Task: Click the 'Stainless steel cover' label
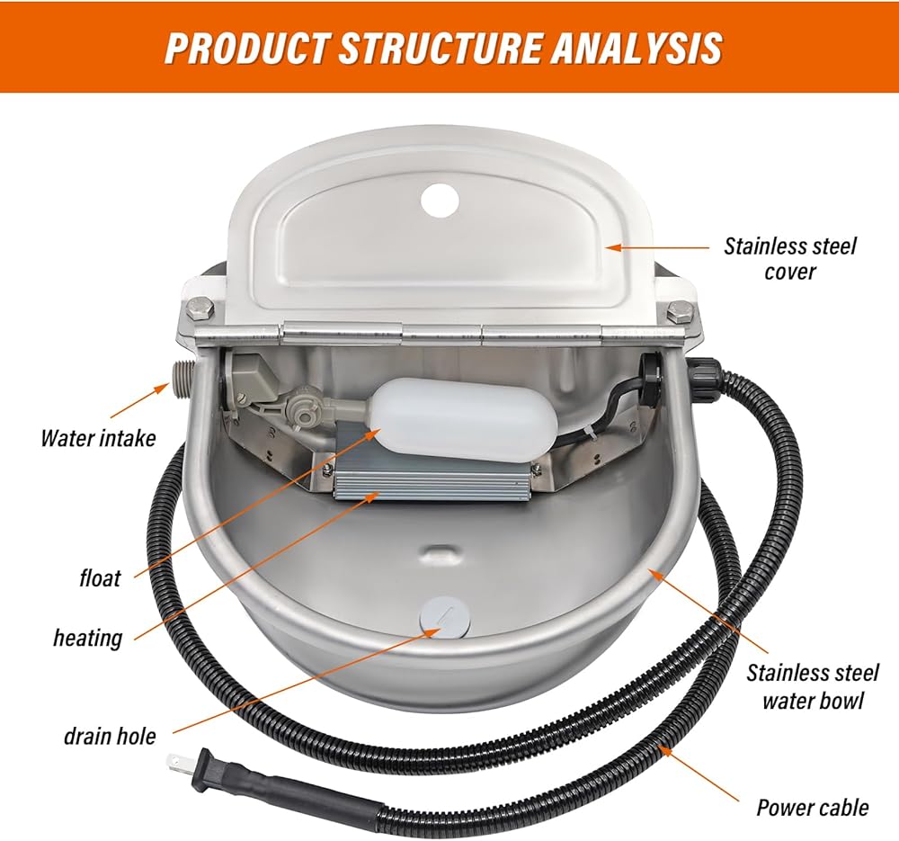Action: tap(789, 259)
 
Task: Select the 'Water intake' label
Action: tap(99, 438)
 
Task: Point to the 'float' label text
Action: tap(101, 577)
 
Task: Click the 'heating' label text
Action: tap(88, 638)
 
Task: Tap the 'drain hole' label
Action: tap(110, 736)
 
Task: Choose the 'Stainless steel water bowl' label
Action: tap(812, 686)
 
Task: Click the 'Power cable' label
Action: tap(813, 808)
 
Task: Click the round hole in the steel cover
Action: tap(441, 201)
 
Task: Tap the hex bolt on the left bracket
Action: tap(200, 310)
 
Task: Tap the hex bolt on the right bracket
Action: tap(680, 313)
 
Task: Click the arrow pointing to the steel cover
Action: tap(658, 248)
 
